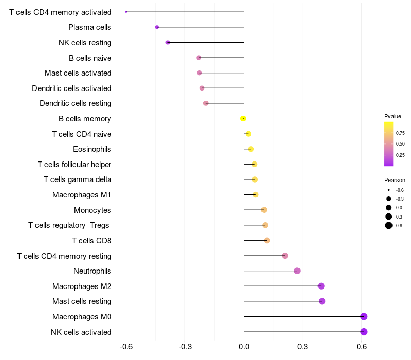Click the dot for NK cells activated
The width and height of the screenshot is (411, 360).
(364, 332)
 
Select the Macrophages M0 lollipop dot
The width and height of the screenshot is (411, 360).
(364, 317)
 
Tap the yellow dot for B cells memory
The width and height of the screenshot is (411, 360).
(243, 119)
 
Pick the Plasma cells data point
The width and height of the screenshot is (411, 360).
(157, 27)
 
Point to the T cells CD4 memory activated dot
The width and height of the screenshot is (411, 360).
(126, 12)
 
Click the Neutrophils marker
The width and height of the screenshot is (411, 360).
(297, 271)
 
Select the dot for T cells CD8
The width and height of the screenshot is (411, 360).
(267, 240)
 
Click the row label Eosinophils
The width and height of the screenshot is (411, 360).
(92, 149)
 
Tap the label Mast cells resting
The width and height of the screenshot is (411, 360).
(82, 301)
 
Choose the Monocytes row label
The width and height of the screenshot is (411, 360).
(92, 210)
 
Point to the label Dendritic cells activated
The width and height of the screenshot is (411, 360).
(71, 88)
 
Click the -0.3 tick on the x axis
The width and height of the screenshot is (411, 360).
(185, 347)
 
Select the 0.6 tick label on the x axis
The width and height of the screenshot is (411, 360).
(362, 347)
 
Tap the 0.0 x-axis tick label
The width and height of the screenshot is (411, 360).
(244, 347)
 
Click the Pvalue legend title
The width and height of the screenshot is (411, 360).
(393, 117)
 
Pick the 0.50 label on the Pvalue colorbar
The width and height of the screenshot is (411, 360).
(400, 144)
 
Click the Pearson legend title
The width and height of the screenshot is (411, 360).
(395, 181)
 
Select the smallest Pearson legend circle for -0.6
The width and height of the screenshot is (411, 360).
(388, 190)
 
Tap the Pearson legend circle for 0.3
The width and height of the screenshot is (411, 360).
(388, 217)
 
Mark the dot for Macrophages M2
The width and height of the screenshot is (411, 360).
(321, 286)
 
